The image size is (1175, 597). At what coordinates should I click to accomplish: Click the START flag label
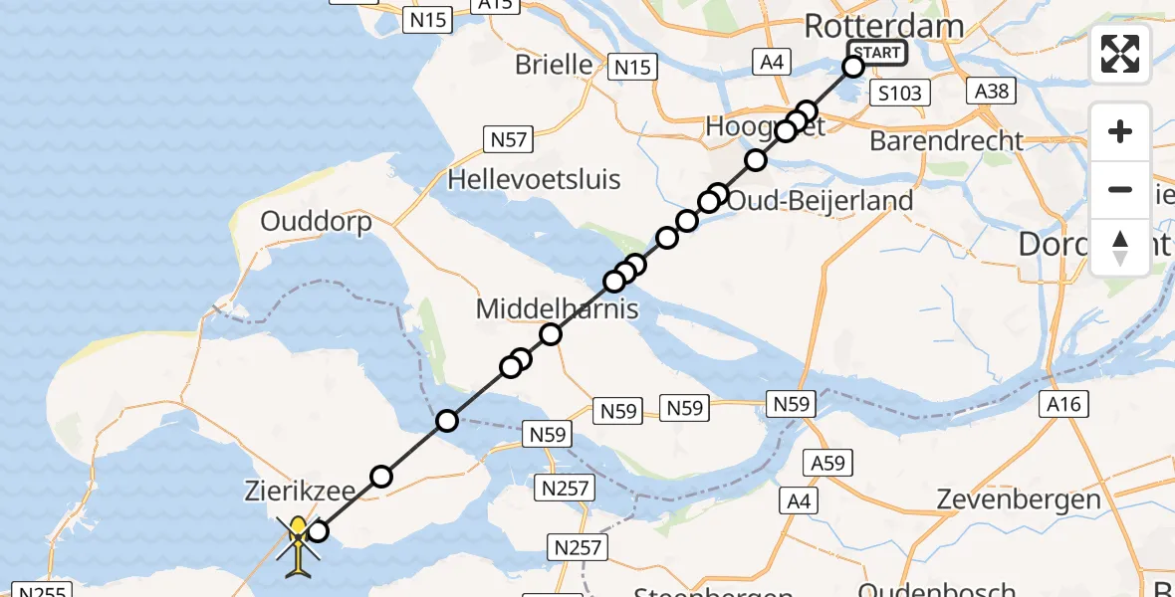[x=876, y=53]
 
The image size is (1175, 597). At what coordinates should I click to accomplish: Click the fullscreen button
[x=1120, y=54]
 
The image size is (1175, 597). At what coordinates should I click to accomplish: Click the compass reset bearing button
[x=1120, y=248]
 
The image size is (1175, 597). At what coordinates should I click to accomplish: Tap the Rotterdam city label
[x=884, y=26]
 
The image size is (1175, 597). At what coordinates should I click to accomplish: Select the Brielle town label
[x=554, y=65]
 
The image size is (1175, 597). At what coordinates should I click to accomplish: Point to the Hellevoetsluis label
[x=534, y=180]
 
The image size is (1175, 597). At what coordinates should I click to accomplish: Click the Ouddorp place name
[x=316, y=221]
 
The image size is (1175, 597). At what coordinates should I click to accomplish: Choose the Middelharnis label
[x=557, y=308]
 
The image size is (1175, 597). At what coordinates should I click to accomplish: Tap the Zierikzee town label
[x=296, y=490]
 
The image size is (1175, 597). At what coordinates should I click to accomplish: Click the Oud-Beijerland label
[x=820, y=201]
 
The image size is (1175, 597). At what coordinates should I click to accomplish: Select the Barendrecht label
[x=946, y=141]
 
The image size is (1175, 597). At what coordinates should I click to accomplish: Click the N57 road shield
[x=507, y=139]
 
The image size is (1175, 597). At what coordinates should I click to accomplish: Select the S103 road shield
[x=899, y=94]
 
